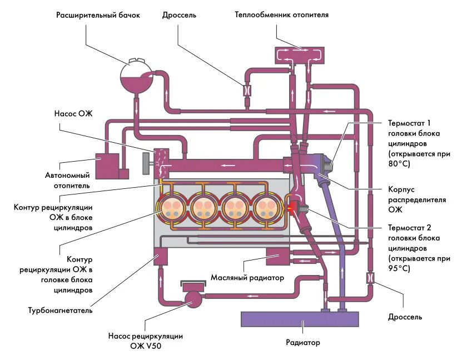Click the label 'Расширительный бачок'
click(x=98, y=15)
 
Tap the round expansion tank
click(x=137, y=76)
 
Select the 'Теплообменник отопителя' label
click(x=281, y=14)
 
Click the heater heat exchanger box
click(x=299, y=55)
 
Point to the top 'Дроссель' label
click(x=179, y=15)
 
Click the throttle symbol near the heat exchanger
click(x=247, y=89)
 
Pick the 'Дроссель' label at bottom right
click(x=405, y=317)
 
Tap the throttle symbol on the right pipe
click(x=370, y=278)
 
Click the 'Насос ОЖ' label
click(x=73, y=113)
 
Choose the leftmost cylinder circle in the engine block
click(x=171, y=208)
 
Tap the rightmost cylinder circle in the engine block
click(x=266, y=208)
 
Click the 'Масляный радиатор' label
click(x=247, y=278)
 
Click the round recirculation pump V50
click(x=193, y=299)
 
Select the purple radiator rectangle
click(x=300, y=319)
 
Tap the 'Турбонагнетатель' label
click(x=60, y=311)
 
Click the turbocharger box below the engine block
click(x=161, y=256)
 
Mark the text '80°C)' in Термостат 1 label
click(x=399, y=164)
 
